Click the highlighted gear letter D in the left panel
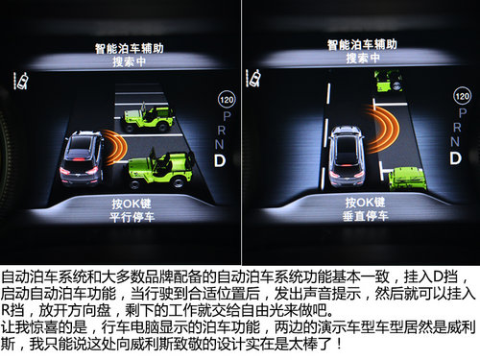(220, 161)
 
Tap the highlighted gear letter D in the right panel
(455, 158)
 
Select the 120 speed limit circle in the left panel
(227, 100)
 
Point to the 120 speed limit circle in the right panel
(462, 96)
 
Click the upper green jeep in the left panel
(148, 116)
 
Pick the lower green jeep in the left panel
(160, 168)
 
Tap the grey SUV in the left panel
(83, 158)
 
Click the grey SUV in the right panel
(347, 156)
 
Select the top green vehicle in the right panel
(388, 82)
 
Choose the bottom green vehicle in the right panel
(407, 180)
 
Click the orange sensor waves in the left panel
(115, 147)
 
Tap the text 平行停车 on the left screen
(132, 218)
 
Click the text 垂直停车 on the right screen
(365, 216)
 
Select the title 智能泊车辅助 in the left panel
(130, 48)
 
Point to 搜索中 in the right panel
(363, 59)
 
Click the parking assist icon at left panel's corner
(21, 81)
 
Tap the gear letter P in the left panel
(227, 116)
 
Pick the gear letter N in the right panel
(455, 141)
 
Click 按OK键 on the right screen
(365, 203)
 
